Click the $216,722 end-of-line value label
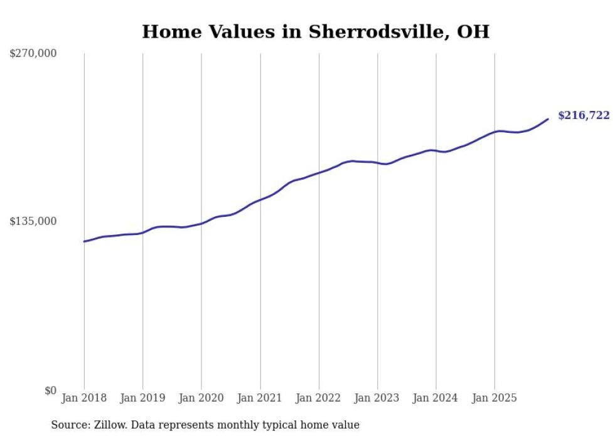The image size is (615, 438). click(x=583, y=115)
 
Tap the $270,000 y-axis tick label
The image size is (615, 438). click(x=33, y=54)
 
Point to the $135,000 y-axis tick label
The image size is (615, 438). click(x=33, y=221)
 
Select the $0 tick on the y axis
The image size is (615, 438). click(x=50, y=390)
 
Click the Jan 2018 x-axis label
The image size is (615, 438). click(x=84, y=398)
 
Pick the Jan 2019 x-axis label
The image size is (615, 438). click(x=142, y=398)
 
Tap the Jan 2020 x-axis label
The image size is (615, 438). click(x=201, y=398)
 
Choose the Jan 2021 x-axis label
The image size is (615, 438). click(x=260, y=398)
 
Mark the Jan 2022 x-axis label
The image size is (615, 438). click(x=319, y=398)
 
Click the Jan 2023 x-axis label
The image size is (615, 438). click(x=377, y=398)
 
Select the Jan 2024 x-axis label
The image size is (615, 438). click(x=436, y=398)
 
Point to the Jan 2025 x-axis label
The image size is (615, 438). click(x=495, y=398)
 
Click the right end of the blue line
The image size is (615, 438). click(x=548, y=119)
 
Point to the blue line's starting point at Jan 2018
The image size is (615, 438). click(x=84, y=241)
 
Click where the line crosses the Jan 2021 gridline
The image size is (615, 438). click(x=260, y=200)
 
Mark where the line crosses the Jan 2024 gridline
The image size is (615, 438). click(x=436, y=151)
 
